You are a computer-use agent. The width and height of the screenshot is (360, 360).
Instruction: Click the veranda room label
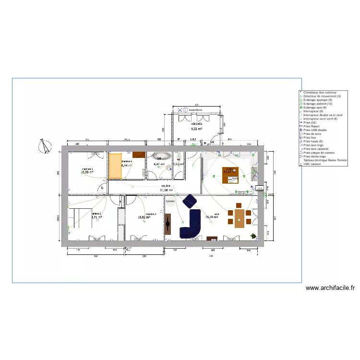(x=196, y=123)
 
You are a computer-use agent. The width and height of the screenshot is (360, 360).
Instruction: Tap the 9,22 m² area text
(x=196, y=129)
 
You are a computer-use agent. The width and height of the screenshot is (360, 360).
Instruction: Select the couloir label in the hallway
(x=166, y=185)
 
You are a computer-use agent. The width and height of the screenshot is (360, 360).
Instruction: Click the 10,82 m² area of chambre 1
(x=144, y=217)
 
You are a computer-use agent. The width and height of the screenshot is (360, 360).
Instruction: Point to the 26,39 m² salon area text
(x=212, y=217)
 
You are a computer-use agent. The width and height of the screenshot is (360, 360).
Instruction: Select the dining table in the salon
(x=239, y=217)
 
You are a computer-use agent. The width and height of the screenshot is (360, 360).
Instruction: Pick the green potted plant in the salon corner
(x=253, y=236)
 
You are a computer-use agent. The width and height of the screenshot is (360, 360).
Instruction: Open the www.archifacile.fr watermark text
(x=330, y=288)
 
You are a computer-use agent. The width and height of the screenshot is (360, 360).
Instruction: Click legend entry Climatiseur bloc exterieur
(x=320, y=92)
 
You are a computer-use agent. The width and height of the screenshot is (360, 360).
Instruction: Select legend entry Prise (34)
(x=310, y=122)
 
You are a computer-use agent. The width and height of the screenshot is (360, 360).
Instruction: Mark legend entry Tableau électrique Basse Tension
(x=325, y=160)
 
